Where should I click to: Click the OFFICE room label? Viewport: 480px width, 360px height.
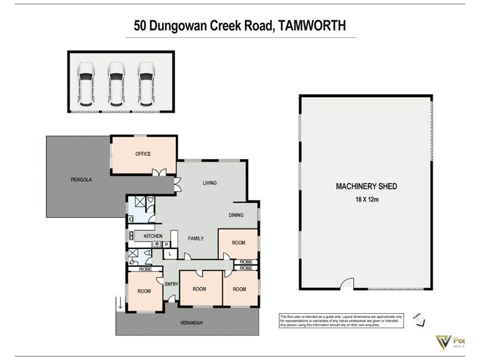click(x=143, y=154)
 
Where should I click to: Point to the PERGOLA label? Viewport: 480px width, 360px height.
click(x=80, y=179)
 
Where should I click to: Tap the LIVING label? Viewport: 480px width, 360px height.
click(x=209, y=183)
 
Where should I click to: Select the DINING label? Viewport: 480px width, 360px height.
click(x=236, y=215)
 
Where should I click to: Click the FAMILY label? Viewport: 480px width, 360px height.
click(x=195, y=238)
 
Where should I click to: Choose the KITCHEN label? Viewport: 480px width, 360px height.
click(x=153, y=236)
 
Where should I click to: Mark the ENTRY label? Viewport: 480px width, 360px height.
click(x=172, y=284)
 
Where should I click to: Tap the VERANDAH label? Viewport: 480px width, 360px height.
click(x=191, y=323)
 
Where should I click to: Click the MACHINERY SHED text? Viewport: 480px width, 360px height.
click(x=366, y=187)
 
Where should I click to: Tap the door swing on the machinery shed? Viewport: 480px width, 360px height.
click(x=346, y=284)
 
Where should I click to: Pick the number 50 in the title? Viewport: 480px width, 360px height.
click(x=140, y=26)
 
